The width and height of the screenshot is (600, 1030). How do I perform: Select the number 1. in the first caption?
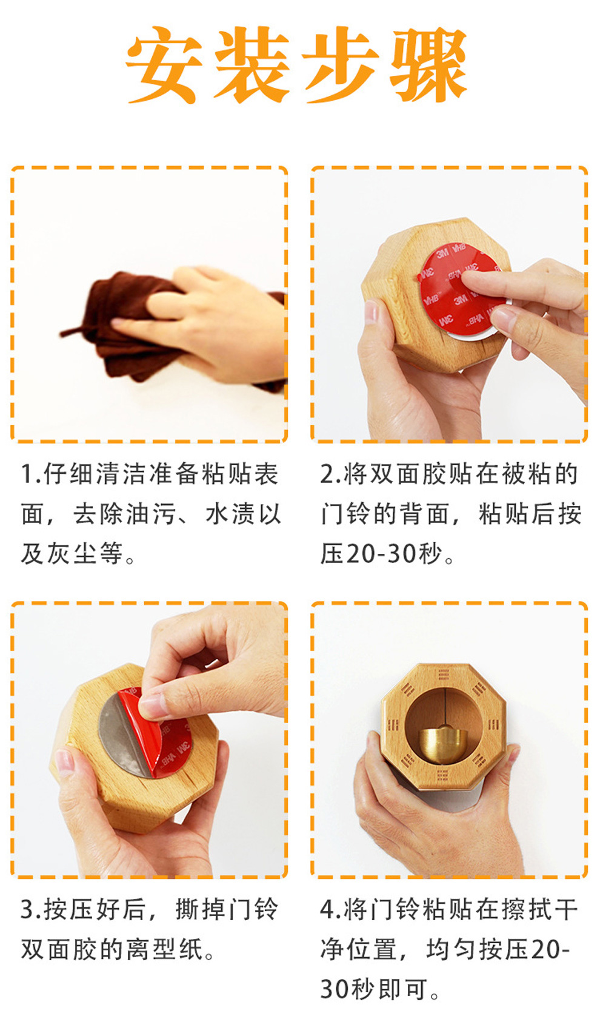pos(32,474)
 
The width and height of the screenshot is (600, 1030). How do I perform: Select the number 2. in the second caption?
pos(332,474)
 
